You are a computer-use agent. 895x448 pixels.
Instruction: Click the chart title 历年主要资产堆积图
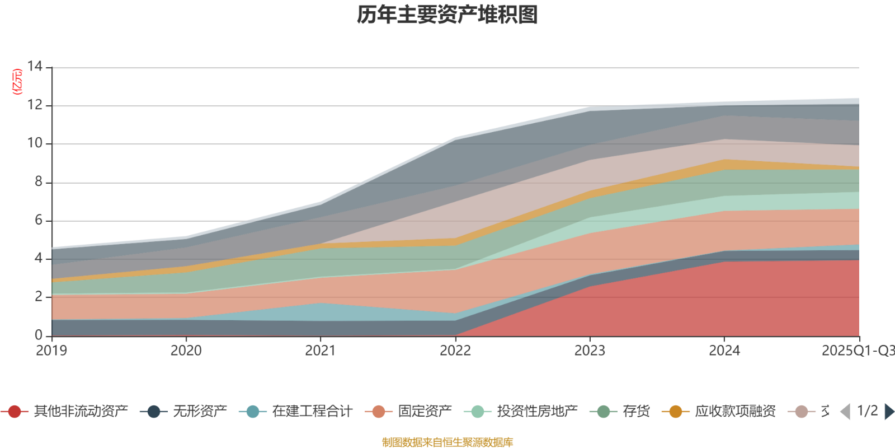447,15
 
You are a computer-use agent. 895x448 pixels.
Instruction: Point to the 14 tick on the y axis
35,67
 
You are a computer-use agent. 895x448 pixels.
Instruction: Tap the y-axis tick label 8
38,181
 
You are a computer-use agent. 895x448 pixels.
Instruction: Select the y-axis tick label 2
38,296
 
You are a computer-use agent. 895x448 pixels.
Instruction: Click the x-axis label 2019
51,351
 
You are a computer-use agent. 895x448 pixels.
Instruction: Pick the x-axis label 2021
321,351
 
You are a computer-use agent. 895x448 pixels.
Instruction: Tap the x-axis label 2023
590,351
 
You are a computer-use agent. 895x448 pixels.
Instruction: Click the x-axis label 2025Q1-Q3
857,351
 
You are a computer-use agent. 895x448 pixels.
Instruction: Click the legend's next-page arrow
889,412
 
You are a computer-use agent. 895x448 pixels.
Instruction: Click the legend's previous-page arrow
845,412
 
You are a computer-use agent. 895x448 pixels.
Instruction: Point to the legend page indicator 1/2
867,412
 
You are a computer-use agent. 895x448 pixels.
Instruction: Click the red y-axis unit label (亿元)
17,82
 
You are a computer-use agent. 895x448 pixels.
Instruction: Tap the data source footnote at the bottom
447,442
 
